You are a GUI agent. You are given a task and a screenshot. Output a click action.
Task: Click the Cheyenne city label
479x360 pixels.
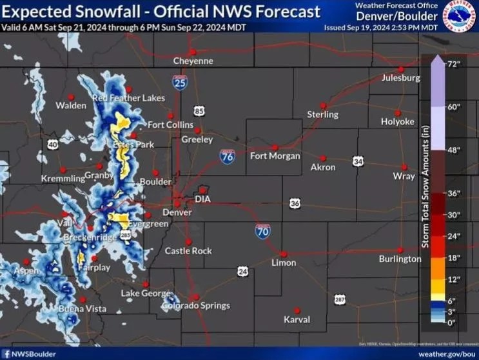(x=193, y=61)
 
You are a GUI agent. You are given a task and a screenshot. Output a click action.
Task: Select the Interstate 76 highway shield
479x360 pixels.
(x=227, y=157)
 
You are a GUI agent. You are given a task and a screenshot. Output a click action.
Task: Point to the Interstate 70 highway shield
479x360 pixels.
(x=262, y=231)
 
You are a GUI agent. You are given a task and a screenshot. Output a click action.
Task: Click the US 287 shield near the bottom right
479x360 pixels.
(x=340, y=299)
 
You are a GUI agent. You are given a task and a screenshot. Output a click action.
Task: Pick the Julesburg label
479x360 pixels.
(x=400, y=78)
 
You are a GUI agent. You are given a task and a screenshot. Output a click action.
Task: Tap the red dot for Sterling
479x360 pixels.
(x=324, y=106)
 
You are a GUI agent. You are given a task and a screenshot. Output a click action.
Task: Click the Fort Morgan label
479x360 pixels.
(x=275, y=156)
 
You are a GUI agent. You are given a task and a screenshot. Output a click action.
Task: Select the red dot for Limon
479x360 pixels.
(x=283, y=254)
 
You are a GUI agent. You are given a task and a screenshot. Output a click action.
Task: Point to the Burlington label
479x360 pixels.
(x=400, y=259)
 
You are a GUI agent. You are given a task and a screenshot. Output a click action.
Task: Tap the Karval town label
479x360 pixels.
(x=297, y=319)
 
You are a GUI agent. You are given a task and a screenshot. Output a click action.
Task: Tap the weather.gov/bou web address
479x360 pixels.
(x=445, y=354)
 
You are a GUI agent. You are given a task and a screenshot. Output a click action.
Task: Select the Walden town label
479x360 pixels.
(x=71, y=105)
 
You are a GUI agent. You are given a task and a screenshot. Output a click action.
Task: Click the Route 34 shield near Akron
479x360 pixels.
(x=358, y=161)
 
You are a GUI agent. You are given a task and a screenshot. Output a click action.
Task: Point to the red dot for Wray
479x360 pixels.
(x=405, y=166)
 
